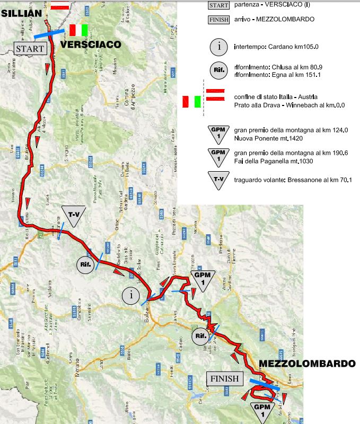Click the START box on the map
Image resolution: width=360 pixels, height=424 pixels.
tap(30, 48)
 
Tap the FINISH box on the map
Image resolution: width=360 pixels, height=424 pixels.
tap(224, 379)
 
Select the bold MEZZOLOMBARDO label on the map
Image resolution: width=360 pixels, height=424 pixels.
tap(307, 364)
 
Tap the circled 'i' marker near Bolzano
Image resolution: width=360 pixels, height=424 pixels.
tap(131, 295)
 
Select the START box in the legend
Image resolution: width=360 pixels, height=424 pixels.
tap(218, 5)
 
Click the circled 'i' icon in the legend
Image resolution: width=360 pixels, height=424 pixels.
tap(218, 47)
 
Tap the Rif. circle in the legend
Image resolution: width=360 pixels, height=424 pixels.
tap(218, 71)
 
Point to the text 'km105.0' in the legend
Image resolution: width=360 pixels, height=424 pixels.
tap(312, 47)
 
